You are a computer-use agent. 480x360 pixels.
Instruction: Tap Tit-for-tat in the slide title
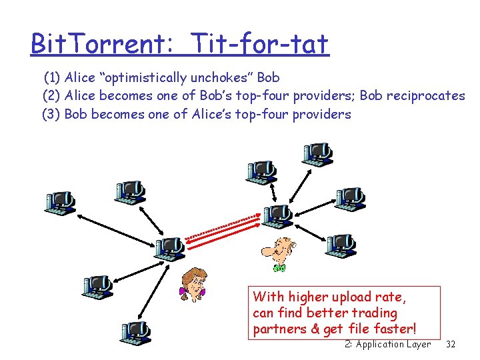pos(259,44)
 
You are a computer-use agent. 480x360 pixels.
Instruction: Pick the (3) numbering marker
pos(51,114)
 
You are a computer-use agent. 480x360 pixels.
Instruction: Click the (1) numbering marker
pos(53,77)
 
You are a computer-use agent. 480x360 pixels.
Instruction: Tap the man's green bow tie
pos(279,268)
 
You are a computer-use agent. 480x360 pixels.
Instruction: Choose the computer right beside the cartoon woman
pos(169,248)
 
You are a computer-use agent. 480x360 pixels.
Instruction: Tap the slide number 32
pos(451,344)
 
